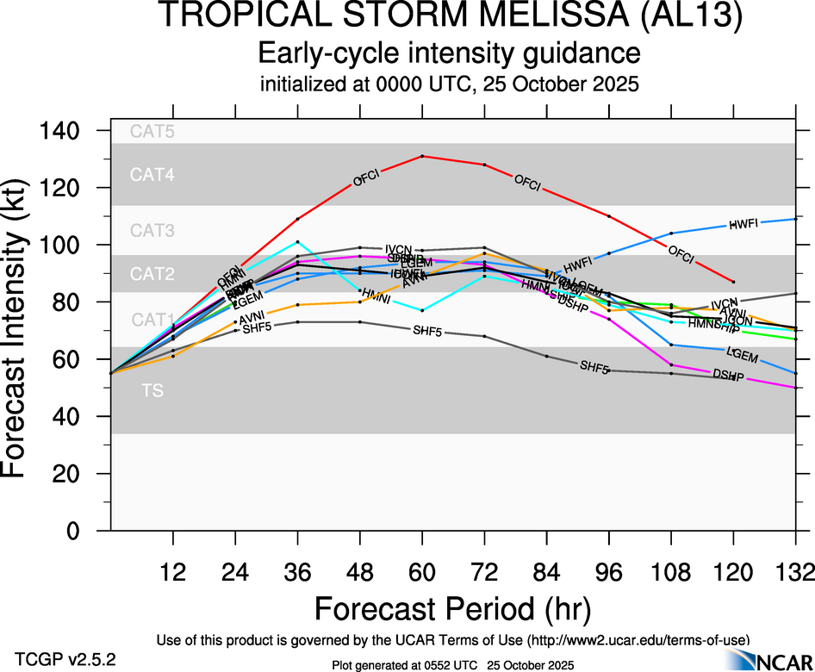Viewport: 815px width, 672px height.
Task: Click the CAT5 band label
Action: tap(152, 132)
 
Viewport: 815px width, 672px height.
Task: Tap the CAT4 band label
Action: tap(152, 175)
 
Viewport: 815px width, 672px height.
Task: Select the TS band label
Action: tap(152, 391)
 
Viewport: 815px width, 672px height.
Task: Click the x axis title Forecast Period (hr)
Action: tap(452, 608)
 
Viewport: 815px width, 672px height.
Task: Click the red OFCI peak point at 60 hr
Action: tap(422, 156)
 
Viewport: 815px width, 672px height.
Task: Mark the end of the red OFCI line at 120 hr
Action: tap(733, 282)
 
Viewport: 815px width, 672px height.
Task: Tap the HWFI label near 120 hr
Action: tap(743, 224)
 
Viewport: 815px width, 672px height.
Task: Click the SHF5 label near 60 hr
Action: tap(427, 331)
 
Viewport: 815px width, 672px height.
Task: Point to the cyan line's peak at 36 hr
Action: tap(297, 242)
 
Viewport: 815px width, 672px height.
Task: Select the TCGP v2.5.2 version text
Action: tap(65, 659)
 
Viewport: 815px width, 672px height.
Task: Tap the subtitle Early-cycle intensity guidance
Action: tap(450, 53)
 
